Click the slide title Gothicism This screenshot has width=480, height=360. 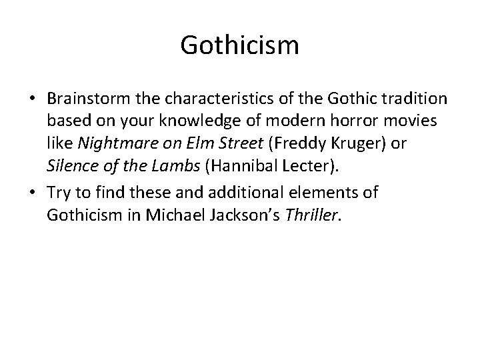239,46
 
